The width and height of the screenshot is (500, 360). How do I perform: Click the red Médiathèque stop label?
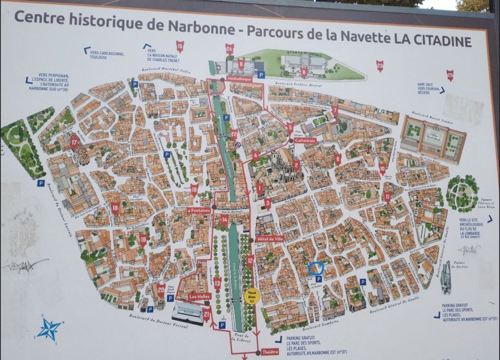(239, 79)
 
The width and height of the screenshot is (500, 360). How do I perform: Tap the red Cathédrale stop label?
(305, 140)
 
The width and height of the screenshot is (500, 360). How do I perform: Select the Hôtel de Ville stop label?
(269, 239)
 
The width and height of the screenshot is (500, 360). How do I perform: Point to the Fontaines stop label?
(198, 211)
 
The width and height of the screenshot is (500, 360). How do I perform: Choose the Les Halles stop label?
(199, 296)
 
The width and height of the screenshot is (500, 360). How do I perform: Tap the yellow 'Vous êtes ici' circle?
(252, 296)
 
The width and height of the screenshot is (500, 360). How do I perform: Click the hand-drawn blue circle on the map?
(316, 269)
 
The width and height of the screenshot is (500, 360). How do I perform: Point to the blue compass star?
(49, 329)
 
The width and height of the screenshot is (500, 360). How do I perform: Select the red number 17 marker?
(74, 142)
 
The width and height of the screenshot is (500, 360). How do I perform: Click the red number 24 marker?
(230, 49)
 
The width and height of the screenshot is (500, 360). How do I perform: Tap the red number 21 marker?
(207, 314)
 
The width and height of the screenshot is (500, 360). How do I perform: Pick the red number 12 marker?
(250, 260)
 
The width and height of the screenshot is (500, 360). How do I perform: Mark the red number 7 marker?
(335, 110)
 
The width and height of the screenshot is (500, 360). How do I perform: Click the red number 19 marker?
(143, 239)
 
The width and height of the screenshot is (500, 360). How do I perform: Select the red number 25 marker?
(450, 75)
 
